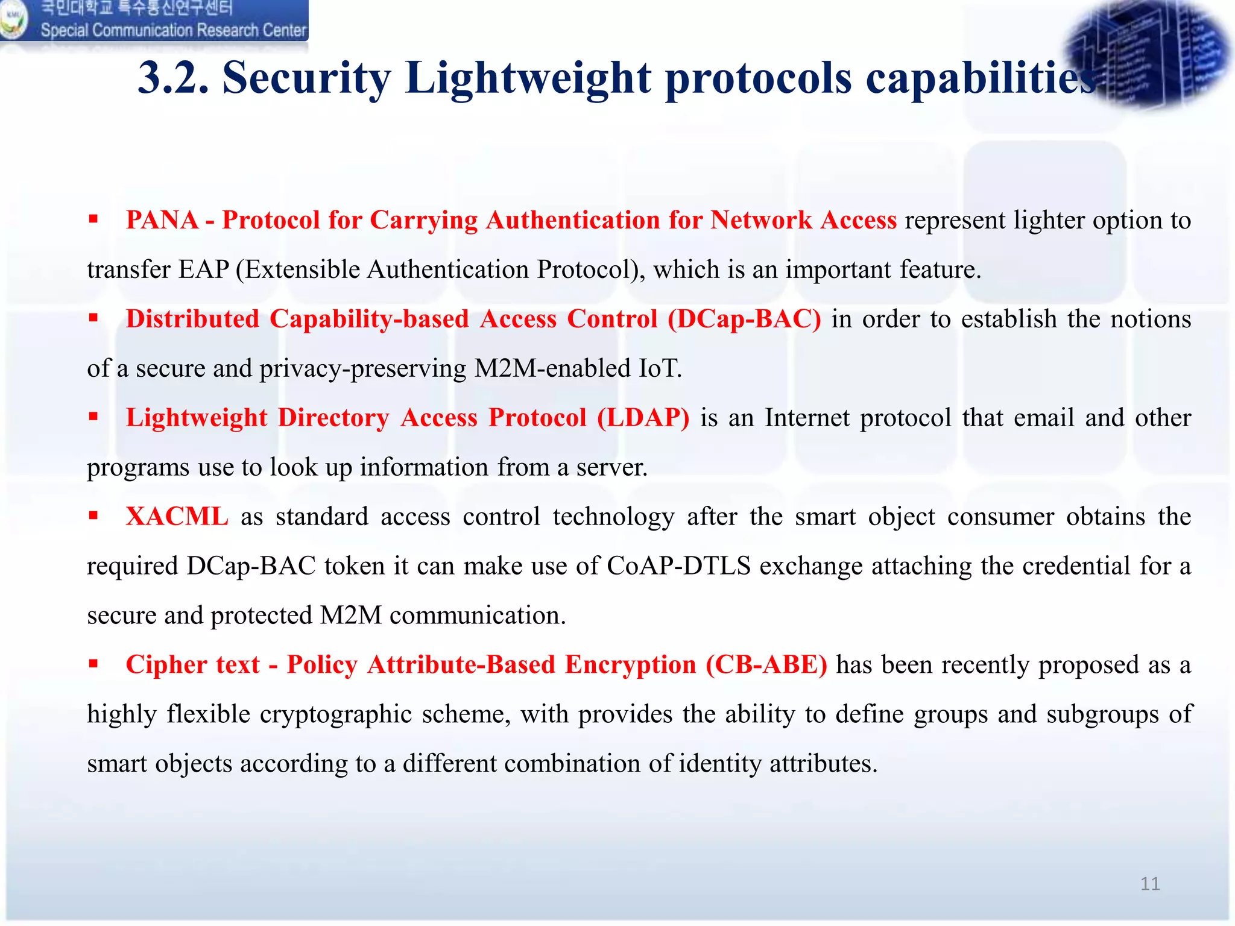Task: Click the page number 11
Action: [1149, 884]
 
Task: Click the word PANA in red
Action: [162, 220]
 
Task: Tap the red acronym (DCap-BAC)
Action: [744, 319]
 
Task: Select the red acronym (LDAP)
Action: [643, 418]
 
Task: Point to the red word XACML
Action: [177, 517]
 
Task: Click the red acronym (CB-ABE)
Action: [766, 665]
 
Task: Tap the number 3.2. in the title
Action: [174, 78]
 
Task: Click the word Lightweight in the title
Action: [528, 78]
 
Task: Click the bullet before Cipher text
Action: [93, 664]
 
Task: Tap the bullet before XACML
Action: [93, 516]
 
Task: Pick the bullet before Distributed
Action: [93, 318]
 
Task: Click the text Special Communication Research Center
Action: [174, 30]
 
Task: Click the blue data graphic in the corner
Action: [1146, 54]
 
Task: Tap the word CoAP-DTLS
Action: [678, 566]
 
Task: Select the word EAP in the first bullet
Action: [203, 269]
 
